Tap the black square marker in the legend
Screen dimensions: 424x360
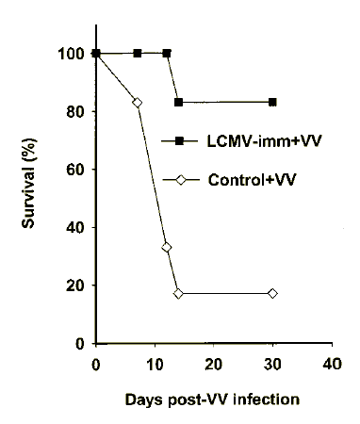[177, 140]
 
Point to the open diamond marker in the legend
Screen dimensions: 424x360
[177, 180]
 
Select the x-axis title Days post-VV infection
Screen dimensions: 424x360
[212, 399]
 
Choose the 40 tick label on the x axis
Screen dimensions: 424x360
[331, 364]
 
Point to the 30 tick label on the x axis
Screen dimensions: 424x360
[272, 364]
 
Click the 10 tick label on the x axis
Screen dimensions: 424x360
[155, 364]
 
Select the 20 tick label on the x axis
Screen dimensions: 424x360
[214, 364]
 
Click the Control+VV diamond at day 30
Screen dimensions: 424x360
[272, 293]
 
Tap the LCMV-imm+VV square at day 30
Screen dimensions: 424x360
[272, 102]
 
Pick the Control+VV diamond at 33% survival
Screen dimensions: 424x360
[167, 247]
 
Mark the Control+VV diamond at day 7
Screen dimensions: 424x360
[138, 102]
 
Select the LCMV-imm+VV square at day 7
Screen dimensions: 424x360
[138, 53]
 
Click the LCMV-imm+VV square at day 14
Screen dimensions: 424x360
[178, 102]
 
